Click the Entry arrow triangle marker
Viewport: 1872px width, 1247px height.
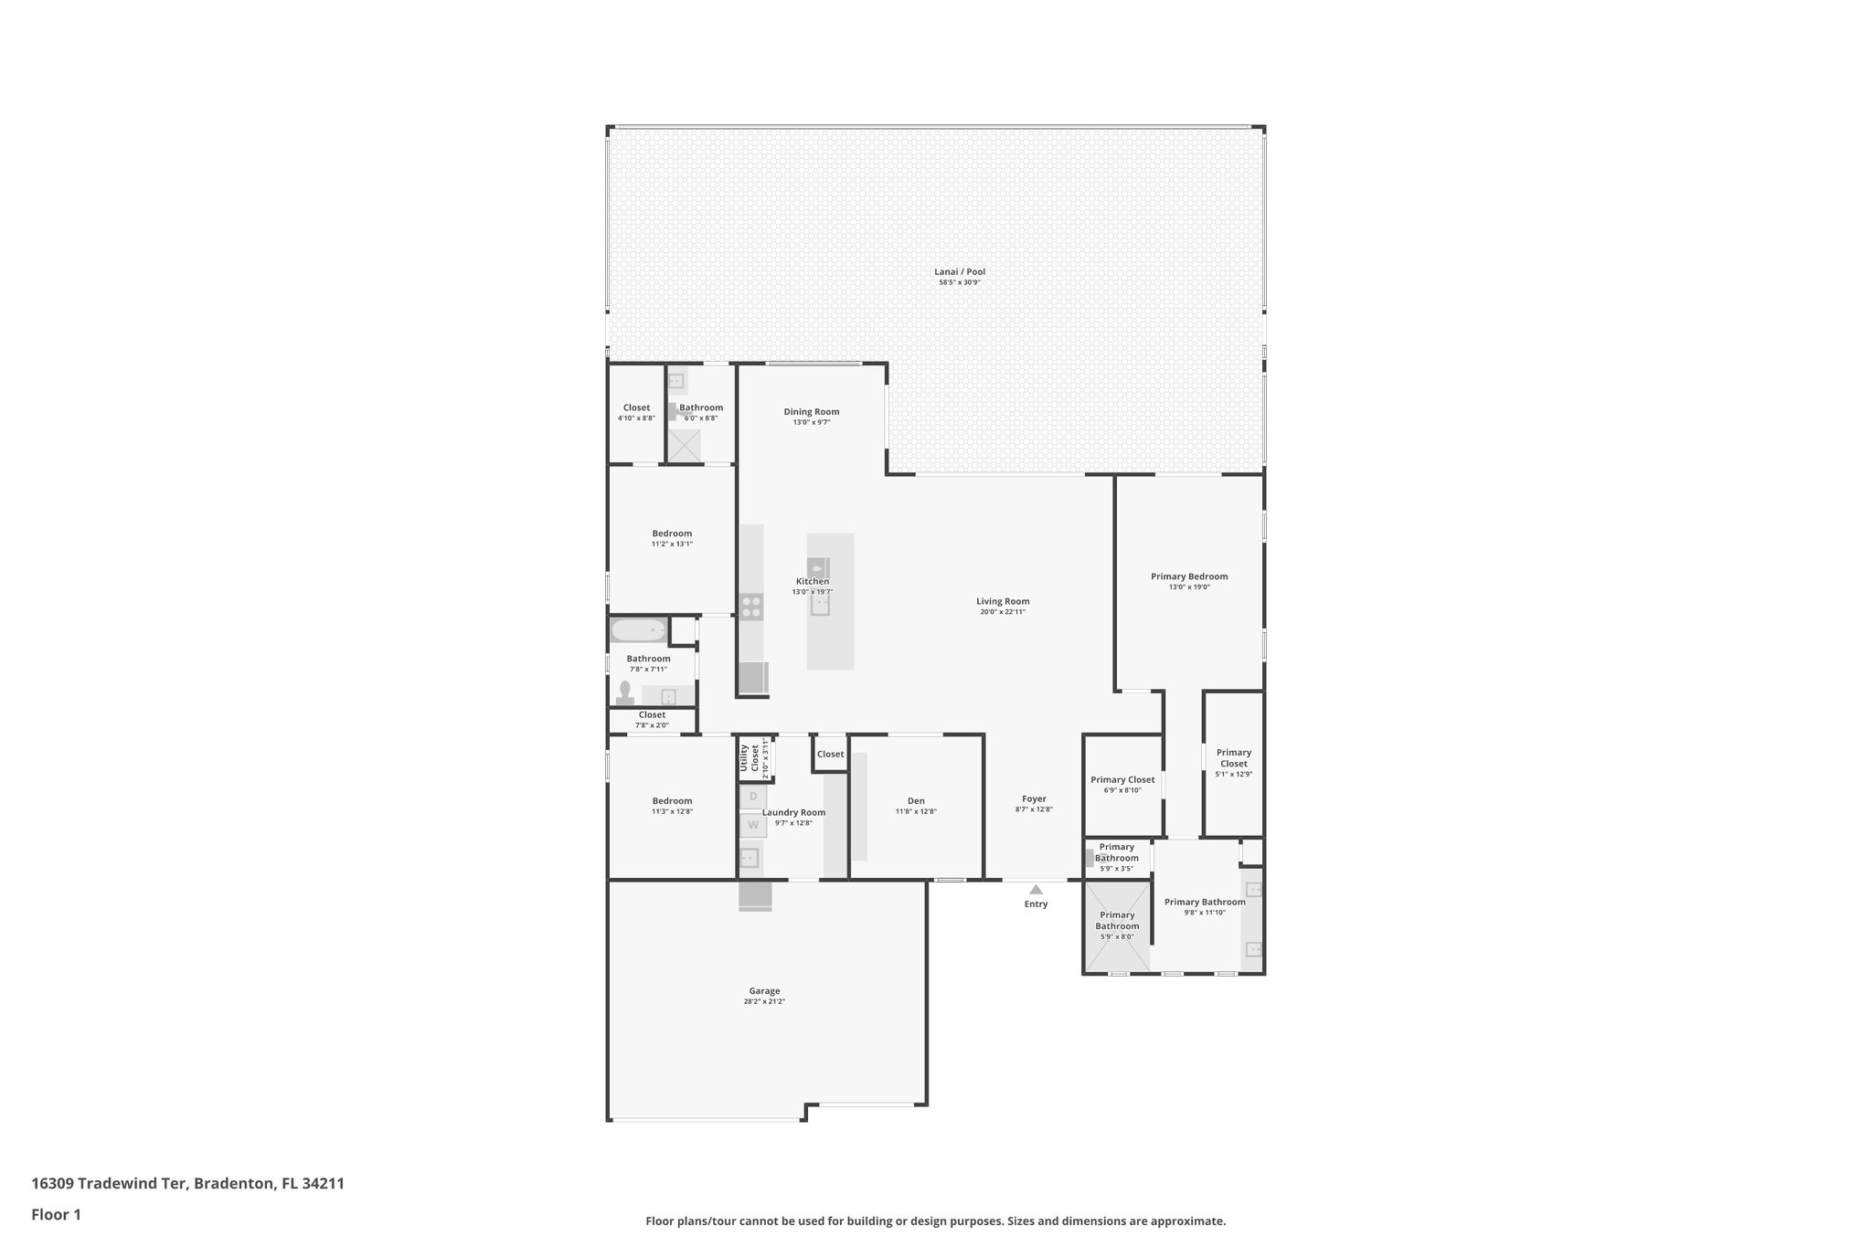point(1036,889)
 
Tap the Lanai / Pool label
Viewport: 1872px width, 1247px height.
point(960,271)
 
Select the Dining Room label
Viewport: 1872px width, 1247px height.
point(811,411)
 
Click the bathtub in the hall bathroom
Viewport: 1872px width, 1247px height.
point(638,630)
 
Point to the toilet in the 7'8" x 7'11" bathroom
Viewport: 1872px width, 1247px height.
point(625,692)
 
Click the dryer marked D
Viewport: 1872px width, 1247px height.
point(753,797)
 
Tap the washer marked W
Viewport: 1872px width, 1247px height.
point(753,825)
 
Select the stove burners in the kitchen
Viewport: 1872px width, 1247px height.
point(751,607)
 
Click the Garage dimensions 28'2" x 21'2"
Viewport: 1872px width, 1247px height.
point(764,1001)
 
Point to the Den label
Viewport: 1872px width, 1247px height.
point(916,800)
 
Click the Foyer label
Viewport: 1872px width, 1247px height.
point(1034,798)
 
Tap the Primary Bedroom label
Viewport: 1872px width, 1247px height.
point(1188,576)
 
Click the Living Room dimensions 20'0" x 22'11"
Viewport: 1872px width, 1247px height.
point(1003,612)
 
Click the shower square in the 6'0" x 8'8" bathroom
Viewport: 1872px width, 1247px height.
point(684,446)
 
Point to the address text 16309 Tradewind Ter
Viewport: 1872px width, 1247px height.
point(111,1183)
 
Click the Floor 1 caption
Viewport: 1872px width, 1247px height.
point(56,1214)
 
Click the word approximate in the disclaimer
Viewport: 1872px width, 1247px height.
point(1188,1221)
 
